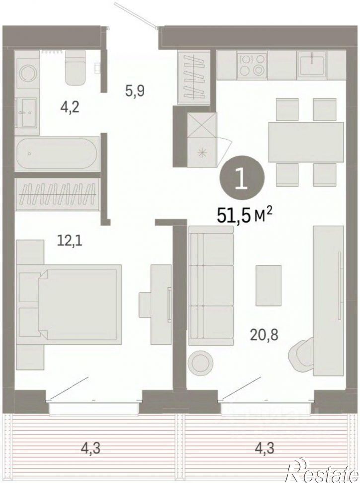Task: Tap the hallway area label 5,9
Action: point(135,91)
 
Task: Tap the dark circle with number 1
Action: point(242,179)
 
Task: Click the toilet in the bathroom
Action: point(75,68)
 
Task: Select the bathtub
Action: point(57,153)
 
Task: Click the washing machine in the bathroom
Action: point(27,74)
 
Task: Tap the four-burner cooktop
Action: point(252,65)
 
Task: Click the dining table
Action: point(306,142)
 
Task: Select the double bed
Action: point(69,305)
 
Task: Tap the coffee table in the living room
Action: point(268,286)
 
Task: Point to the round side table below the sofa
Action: point(200,363)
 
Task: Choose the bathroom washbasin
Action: point(27,112)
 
